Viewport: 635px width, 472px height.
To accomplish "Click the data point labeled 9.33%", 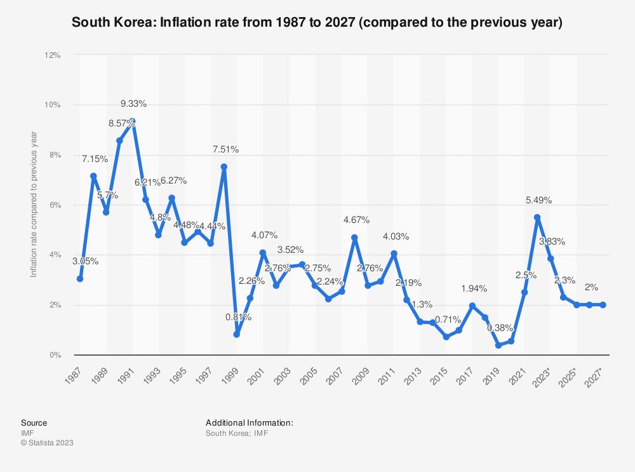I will point(133,121).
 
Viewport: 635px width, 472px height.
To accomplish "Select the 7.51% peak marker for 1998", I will point(224,167).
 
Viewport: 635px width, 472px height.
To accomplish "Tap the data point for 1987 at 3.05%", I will point(80,279).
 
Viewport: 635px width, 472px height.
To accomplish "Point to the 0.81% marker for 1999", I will point(236,334).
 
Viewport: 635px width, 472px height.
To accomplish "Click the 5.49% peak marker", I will point(537,217).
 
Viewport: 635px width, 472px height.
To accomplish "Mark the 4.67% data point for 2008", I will point(354,238).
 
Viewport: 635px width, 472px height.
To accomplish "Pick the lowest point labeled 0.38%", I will point(498,345).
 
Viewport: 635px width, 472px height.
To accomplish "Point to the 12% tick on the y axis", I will point(52,55).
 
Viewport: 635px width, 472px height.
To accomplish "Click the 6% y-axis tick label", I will point(55,205).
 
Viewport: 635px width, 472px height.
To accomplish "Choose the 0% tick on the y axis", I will point(55,355).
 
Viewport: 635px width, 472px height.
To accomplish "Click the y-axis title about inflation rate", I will point(34,204).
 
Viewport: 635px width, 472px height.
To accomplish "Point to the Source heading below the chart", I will point(35,422).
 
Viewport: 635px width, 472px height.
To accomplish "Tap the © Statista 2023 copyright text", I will point(48,443).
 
